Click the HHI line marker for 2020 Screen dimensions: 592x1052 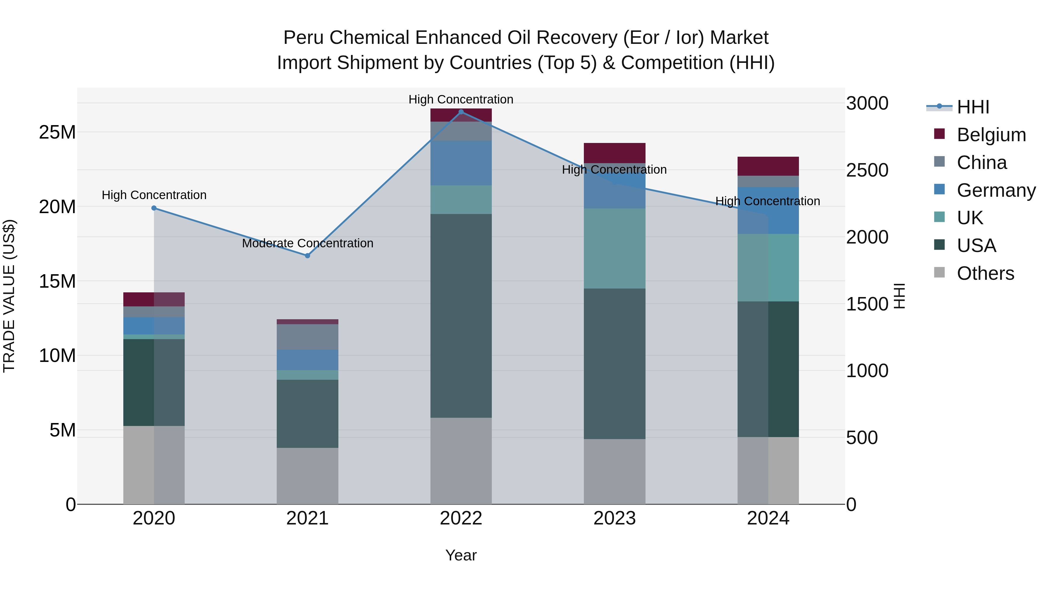tap(154, 208)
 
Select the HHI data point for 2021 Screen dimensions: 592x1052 tap(307, 256)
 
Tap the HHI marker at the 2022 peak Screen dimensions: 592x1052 tap(461, 112)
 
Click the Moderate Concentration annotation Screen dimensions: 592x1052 tap(307, 243)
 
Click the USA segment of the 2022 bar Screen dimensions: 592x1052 tap(461, 315)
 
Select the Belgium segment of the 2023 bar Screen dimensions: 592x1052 tap(614, 153)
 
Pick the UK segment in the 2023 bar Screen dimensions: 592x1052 tap(614, 248)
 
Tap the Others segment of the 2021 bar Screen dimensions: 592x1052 tap(307, 476)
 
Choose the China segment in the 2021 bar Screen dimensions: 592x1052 tap(307, 337)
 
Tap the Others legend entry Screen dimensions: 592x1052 tap(985, 273)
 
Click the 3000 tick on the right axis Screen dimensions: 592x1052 tap(867, 103)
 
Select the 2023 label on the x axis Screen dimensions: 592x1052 tap(614, 518)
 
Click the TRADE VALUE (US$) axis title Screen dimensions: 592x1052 tap(9, 296)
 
